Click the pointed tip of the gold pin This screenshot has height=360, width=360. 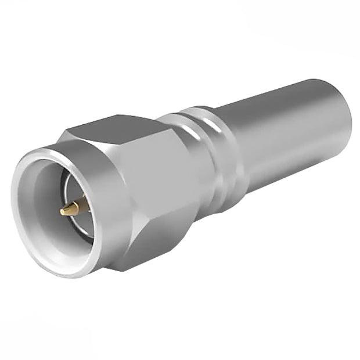point(62,212)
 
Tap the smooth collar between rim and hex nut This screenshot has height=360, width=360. point(107,174)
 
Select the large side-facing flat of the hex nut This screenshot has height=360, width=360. point(157,186)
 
